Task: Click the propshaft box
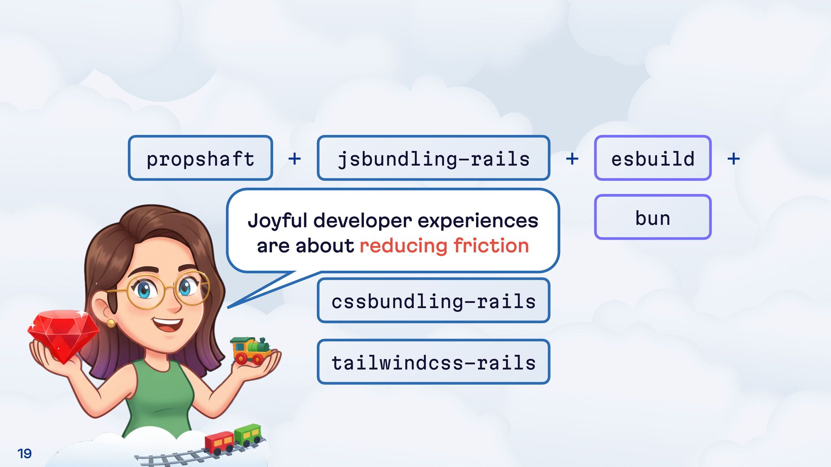click(200, 158)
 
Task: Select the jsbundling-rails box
click(433, 158)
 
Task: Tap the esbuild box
click(653, 158)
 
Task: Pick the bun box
click(653, 217)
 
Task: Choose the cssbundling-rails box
click(433, 301)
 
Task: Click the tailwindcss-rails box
click(433, 362)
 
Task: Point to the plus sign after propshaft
click(294, 159)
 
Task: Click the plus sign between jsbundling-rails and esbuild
click(572, 159)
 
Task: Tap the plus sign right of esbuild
click(733, 159)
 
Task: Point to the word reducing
click(403, 246)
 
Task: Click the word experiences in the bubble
click(478, 221)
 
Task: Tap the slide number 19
click(24, 453)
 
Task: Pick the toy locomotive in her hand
click(251, 350)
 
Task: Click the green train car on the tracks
click(248, 434)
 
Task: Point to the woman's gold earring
click(111, 323)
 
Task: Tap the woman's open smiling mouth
click(168, 323)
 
